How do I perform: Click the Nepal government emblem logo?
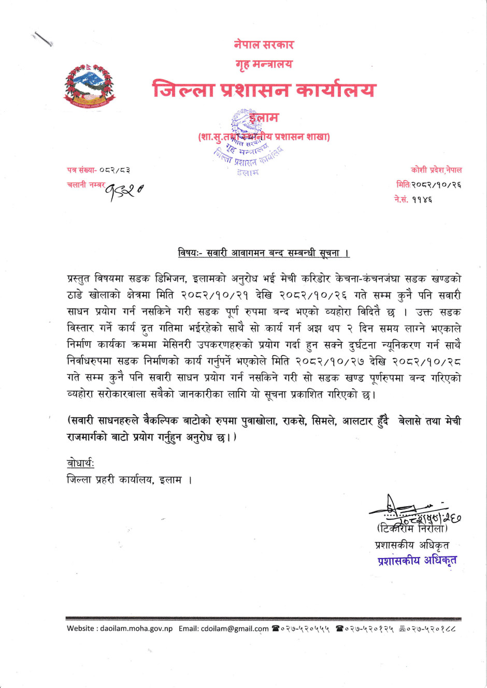click(89, 86)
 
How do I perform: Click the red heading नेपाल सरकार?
click(264, 45)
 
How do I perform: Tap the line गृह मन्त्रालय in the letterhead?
click(264, 64)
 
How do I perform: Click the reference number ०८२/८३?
click(114, 170)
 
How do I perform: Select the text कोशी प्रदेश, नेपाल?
click(436, 170)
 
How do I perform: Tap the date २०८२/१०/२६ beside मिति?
click(436, 184)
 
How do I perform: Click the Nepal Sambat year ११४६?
click(422, 199)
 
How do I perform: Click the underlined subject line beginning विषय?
click(264, 253)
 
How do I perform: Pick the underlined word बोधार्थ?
click(80, 463)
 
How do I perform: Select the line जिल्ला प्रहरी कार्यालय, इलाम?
click(130, 480)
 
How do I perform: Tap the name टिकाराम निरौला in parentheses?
click(412, 529)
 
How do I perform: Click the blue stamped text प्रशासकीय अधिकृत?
click(417, 560)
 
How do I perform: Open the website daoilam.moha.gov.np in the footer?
click(136, 628)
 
